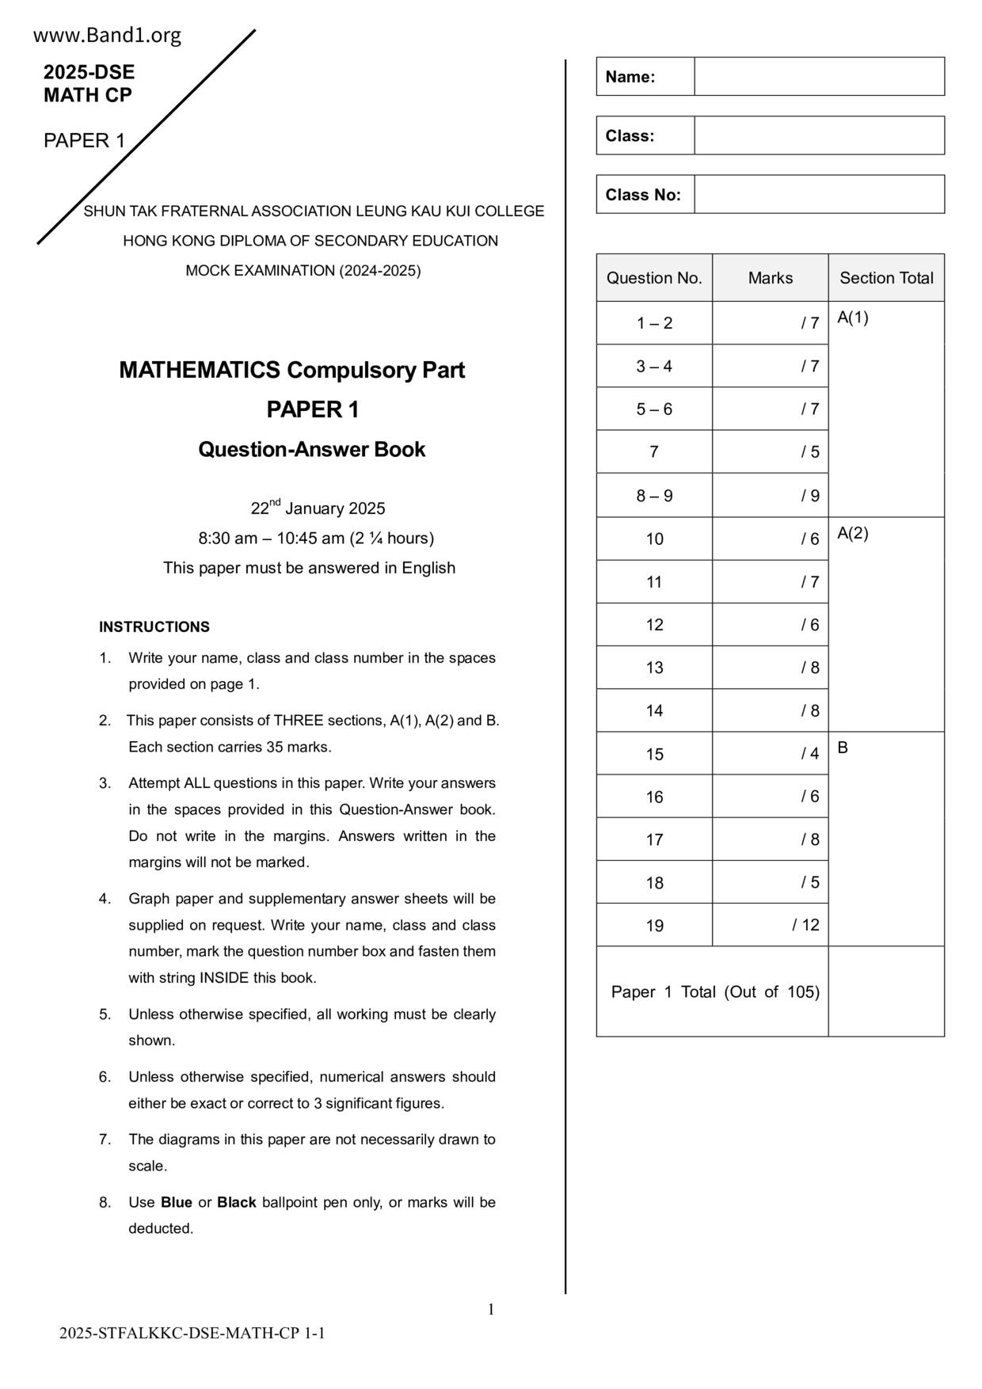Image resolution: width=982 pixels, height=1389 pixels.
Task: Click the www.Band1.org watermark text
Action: pyautogui.click(x=107, y=36)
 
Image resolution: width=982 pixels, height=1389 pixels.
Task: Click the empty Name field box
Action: pyautogui.click(x=819, y=77)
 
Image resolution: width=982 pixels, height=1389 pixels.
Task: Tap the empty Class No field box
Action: pyautogui.click(x=819, y=194)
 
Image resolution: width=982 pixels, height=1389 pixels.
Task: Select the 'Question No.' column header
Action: pyautogui.click(x=654, y=278)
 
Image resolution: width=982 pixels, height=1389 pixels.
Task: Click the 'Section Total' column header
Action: pyautogui.click(x=886, y=278)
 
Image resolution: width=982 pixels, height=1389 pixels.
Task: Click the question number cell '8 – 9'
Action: pyautogui.click(x=654, y=496)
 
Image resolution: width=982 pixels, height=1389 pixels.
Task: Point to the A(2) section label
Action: pyautogui.click(x=853, y=534)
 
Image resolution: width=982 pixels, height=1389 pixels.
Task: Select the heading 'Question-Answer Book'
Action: pyautogui.click(x=311, y=450)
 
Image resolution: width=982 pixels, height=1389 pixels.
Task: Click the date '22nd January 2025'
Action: pyautogui.click(x=318, y=508)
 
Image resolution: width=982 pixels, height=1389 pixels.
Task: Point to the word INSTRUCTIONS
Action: pyautogui.click(x=154, y=627)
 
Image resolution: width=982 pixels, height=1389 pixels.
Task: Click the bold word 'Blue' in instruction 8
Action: pyautogui.click(x=176, y=1202)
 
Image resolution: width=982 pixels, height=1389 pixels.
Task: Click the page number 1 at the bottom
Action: pyautogui.click(x=491, y=1310)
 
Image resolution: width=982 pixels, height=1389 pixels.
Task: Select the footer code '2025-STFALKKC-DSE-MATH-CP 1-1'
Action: pyautogui.click(x=192, y=1334)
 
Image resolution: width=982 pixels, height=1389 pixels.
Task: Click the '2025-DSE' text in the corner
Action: pyautogui.click(x=89, y=73)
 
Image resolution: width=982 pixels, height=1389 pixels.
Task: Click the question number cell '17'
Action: pyautogui.click(x=654, y=839)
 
